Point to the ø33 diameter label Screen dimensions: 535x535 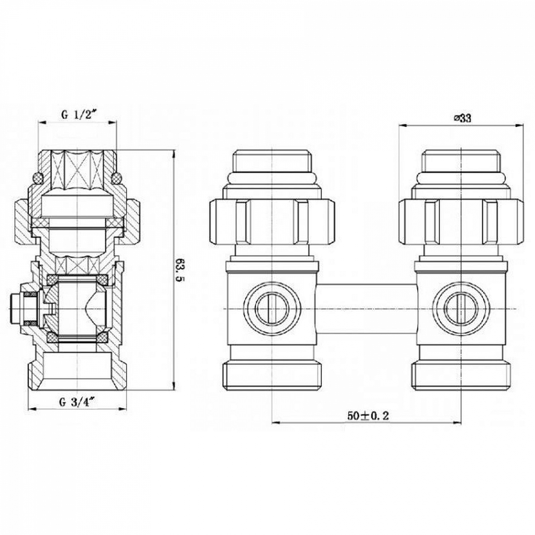(462, 118)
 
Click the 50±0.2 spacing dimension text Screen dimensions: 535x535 (368, 416)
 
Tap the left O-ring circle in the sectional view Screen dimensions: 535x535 (37, 177)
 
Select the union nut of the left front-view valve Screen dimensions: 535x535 (272, 222)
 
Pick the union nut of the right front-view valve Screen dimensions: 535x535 (462, 222)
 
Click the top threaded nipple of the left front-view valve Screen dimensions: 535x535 (272, 161)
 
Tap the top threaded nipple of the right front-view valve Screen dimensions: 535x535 (462, 161)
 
